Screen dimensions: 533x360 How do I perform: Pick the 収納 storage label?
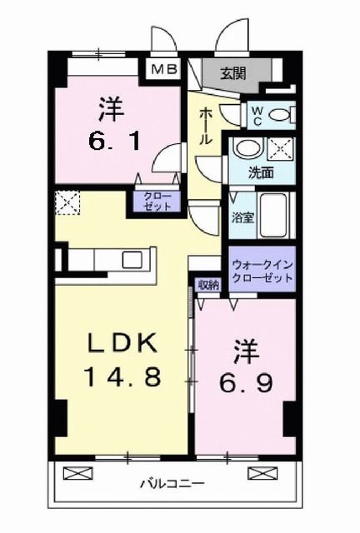click(207, 285)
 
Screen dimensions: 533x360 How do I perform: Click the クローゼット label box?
click(152, 202)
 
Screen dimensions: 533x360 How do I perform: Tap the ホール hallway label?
click(202, 125)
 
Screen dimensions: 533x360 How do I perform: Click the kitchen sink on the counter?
click(132, 259)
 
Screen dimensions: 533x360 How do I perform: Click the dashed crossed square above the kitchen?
click(65, 202)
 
